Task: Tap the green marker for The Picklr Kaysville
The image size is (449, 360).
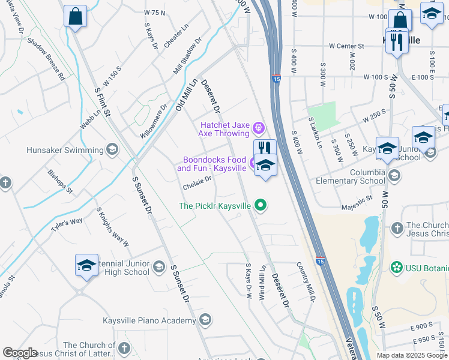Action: tap(260, 206)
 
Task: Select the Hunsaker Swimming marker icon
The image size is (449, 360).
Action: tap(112, 149)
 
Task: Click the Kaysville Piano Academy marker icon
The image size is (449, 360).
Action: tap(205, 319)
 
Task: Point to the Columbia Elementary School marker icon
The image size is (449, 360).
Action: tap(394, 176)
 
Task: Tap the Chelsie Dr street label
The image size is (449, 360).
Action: tap(197, 182)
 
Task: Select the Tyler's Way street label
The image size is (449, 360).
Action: tap(67, 226)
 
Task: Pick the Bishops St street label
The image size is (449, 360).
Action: tap(60, 181)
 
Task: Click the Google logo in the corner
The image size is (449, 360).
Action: tap(20, 353)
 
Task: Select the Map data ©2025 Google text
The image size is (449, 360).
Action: tap(412, 355)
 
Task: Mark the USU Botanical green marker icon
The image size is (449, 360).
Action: tap(396, 266)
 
